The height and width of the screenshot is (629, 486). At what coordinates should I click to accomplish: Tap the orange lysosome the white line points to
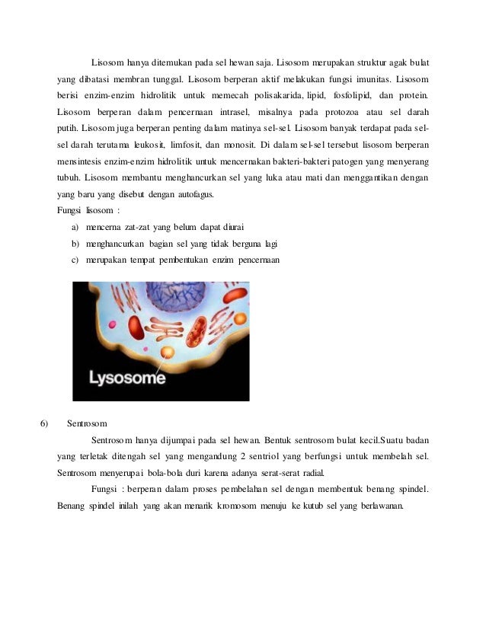(x=168, y=351)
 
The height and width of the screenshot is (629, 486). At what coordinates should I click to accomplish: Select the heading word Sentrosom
(x=87, y=423)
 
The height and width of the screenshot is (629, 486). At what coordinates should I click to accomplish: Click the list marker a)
(x=75, y=227)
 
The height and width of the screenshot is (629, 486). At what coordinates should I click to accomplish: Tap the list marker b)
(x=75, y=244)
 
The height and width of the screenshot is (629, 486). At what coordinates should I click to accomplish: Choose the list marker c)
(x=75, y=260)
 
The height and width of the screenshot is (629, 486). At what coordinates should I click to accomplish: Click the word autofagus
(x=195, y=194)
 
